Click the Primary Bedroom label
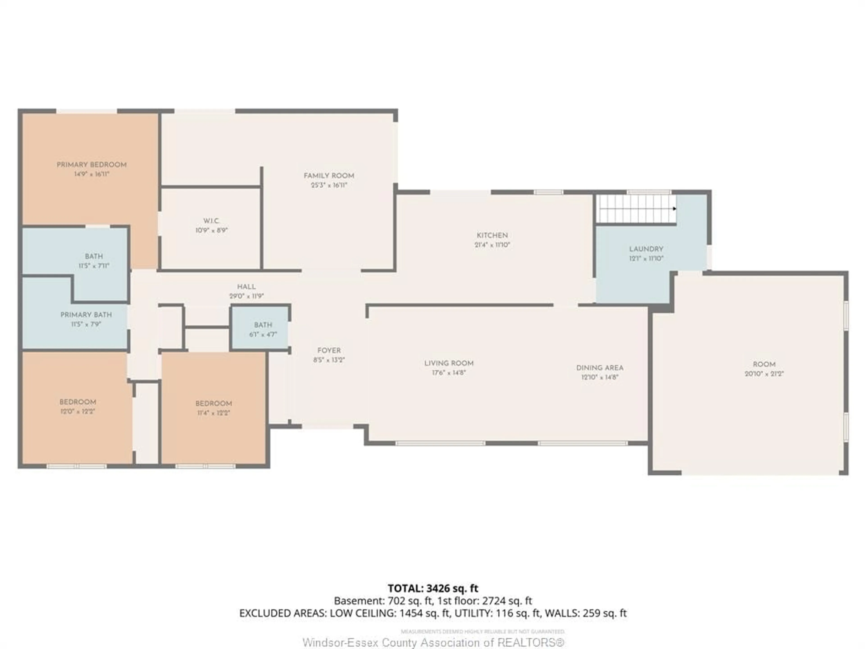91,165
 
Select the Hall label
246,287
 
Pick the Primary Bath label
86,315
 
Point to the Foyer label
329,350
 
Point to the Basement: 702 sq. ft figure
382,601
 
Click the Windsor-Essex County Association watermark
433,642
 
